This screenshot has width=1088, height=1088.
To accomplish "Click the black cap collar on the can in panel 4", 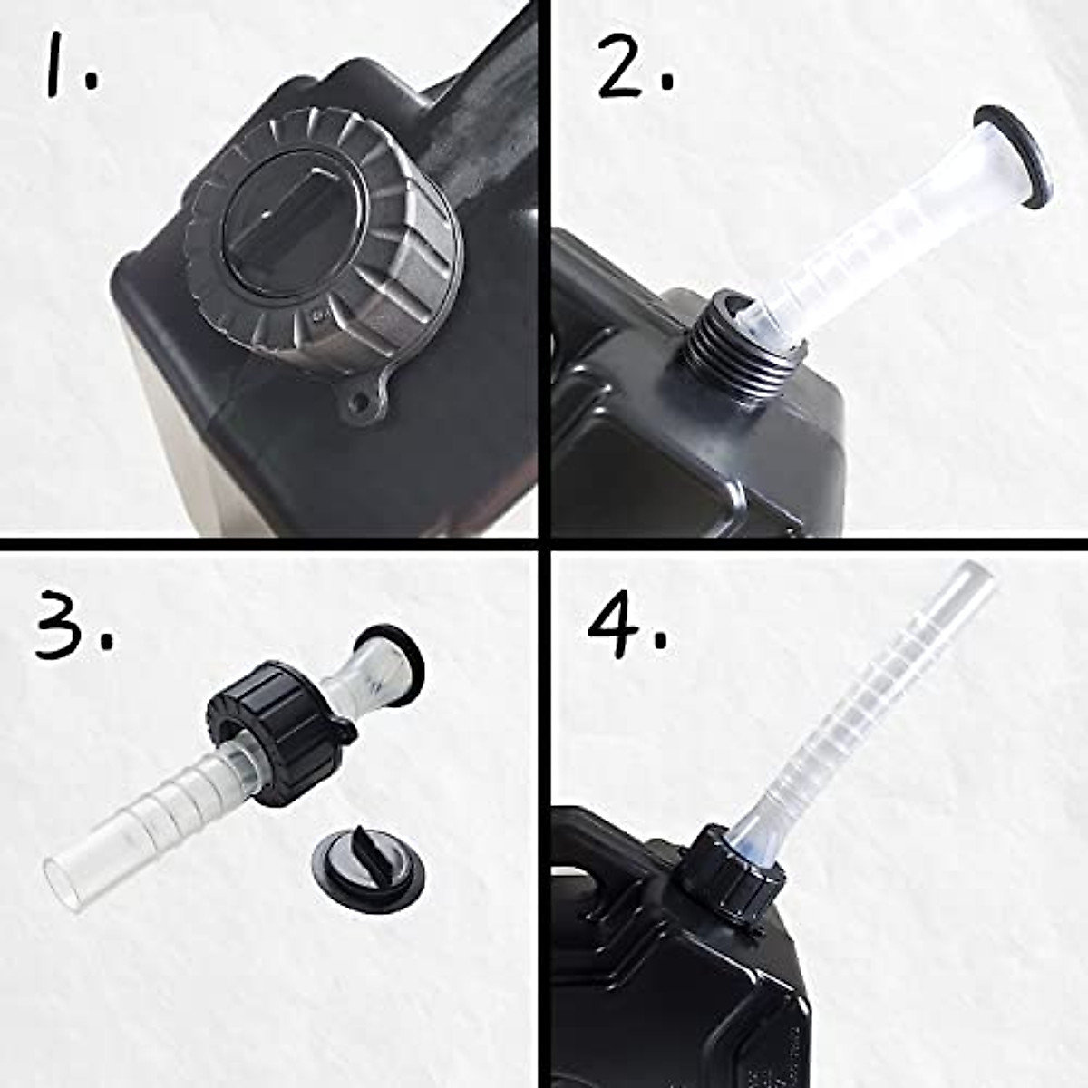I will [725, 875].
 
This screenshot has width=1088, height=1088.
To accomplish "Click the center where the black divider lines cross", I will [543, 545].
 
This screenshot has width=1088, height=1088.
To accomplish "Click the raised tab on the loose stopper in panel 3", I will [367, 852].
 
